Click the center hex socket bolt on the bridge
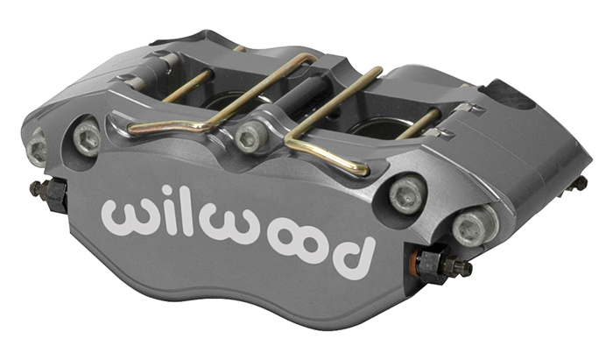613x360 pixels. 251,138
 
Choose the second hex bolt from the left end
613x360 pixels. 87,137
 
